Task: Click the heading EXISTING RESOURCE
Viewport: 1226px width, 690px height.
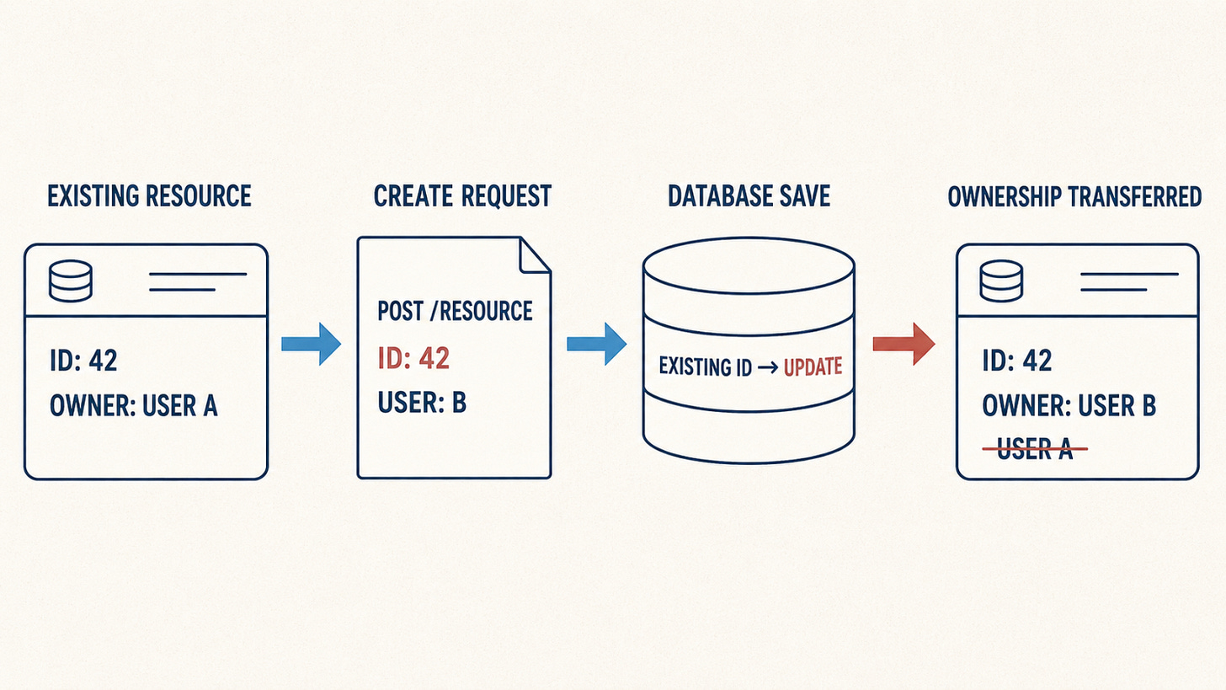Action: point(149,196)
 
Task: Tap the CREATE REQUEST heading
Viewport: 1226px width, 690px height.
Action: point(462,196)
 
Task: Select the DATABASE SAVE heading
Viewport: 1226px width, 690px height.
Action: point(749,196)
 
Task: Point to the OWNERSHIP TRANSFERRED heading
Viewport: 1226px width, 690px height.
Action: point(1074,196)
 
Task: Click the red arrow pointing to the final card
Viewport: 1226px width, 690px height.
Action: point(904,344)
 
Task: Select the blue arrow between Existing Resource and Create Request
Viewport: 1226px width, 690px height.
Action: point(312,344)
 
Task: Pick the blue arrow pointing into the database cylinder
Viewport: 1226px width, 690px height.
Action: point(596,344)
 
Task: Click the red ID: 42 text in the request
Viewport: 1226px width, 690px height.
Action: point(413,359)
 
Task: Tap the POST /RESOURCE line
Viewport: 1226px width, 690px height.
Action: point(455,311)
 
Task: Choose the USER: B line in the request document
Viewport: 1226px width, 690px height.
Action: point(422,403)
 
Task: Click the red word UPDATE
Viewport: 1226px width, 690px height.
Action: point(813,367)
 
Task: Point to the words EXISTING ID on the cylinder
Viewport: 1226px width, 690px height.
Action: point(706,367)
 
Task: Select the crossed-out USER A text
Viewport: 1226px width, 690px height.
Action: point(1035,449)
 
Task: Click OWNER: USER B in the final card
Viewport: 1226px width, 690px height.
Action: point(1069,406)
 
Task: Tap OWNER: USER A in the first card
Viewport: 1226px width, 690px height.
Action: point(134,406)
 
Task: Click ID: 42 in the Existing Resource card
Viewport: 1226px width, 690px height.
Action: point(83,361)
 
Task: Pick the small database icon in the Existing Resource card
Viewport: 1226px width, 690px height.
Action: point(71,281)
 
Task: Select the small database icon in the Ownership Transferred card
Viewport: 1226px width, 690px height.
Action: point(1001,281)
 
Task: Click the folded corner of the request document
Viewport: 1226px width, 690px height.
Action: point(534,254)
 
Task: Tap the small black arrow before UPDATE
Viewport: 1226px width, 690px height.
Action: point(768,367)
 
